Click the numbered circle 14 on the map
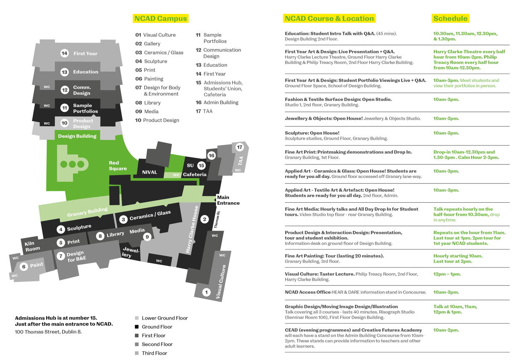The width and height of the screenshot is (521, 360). coord(64,53)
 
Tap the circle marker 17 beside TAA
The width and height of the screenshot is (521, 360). coord(240,147)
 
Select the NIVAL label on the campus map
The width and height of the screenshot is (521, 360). coord(150,172)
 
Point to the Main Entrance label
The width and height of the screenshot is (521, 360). coord(228,200)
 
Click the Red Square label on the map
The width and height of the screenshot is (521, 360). coord(118,166)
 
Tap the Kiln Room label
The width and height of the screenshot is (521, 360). coord(32,246)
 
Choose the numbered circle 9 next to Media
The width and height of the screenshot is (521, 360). coord(147,237)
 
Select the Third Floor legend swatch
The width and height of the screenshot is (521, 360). coord(137,353)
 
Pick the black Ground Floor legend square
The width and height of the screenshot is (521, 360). coord(137,327)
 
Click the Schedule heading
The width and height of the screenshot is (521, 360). coord(450,19)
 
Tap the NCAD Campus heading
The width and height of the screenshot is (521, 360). coord(161,19)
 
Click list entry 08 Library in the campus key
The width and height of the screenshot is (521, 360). coord(148,103)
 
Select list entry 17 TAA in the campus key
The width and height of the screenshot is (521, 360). coord(204,111)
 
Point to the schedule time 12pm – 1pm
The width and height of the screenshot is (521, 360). coord(447,274)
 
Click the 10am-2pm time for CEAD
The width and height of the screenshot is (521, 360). coord(446,330)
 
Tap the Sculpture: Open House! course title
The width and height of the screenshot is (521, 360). coord(312,133)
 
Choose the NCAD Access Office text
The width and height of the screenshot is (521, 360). coord(307,292)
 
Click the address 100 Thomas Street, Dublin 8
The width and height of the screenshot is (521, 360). coord(48,332)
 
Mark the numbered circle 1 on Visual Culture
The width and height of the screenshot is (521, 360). coord(206,292)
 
